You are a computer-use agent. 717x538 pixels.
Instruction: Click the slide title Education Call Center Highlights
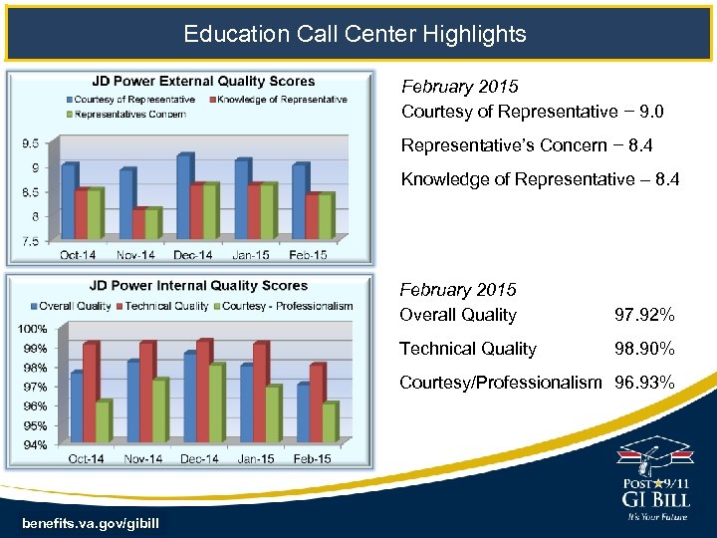355,34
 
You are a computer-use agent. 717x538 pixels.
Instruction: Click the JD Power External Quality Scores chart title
203,82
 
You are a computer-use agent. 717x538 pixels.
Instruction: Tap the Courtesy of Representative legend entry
132,99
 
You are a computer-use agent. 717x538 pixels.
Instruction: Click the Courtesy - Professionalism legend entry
287,306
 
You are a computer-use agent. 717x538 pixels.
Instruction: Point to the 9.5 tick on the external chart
30,143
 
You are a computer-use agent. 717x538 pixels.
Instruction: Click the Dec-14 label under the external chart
191,255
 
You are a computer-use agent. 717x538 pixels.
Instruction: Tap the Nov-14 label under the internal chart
142,458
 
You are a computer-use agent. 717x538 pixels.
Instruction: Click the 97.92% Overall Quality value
644,316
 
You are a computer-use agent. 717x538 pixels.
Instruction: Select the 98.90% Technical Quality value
644,349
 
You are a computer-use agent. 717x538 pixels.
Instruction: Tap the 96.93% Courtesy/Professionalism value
644,383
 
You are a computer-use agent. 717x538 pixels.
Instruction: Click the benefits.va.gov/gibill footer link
88,524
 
